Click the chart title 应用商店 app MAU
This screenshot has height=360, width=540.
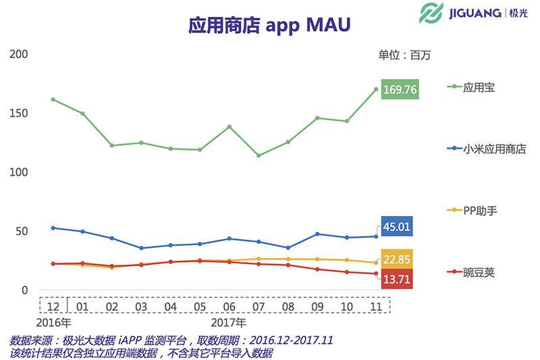[x=269, y=26]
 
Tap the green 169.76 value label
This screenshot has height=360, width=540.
[x=400, y=89]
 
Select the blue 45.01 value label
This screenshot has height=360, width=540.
[x=397, y=227]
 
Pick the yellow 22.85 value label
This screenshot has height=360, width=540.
[x=397, y=259]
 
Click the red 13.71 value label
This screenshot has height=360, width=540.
[x=397, y=278]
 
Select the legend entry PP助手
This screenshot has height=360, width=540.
[x=480, y=211]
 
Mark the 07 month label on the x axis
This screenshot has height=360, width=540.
[x=259, y=306]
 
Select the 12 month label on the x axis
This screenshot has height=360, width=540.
[x=53, y=306]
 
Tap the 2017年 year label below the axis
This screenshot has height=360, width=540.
[x=229, y=322]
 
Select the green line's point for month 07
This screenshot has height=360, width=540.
[x=259, y=155]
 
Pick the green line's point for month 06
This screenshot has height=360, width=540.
[x=230, y=126]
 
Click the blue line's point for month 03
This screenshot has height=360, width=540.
[x=141, y=248]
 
